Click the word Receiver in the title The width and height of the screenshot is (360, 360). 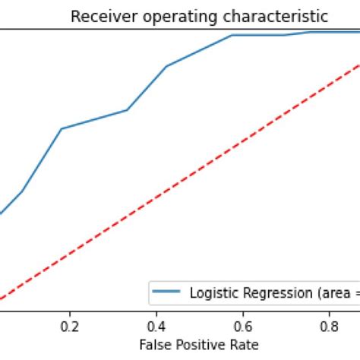(x=97, y=16)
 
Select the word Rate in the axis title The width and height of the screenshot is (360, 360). (x=246, y=344)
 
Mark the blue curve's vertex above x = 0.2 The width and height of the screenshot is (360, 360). (x=62, y=128)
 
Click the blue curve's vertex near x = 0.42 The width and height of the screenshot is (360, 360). (x=166, y=66)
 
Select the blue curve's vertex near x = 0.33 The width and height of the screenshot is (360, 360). (x=126, y=110)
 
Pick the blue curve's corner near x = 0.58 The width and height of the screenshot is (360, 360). (x=232, y=35)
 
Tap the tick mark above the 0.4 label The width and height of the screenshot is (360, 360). (x=156, y=313)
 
